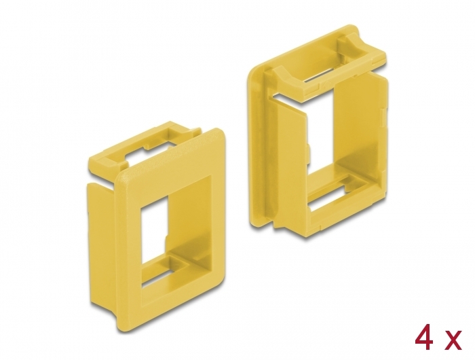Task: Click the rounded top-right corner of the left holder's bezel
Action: (x=219, y=133)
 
